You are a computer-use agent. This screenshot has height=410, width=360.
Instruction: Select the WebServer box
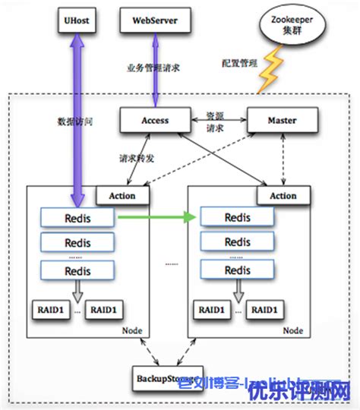click(155, 20)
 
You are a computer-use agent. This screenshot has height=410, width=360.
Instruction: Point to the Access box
click(154, 120)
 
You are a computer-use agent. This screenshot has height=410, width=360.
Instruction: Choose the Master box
click(282, 120)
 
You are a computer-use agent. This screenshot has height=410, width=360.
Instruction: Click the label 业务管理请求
click(153, 68)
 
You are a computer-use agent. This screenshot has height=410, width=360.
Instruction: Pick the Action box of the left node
click(122, 195)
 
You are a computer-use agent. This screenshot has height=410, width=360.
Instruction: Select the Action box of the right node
click(283, 195)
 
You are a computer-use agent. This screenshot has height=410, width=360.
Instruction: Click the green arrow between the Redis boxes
click(156, 219)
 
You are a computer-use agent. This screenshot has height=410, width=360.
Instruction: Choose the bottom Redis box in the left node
click(77, 270)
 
